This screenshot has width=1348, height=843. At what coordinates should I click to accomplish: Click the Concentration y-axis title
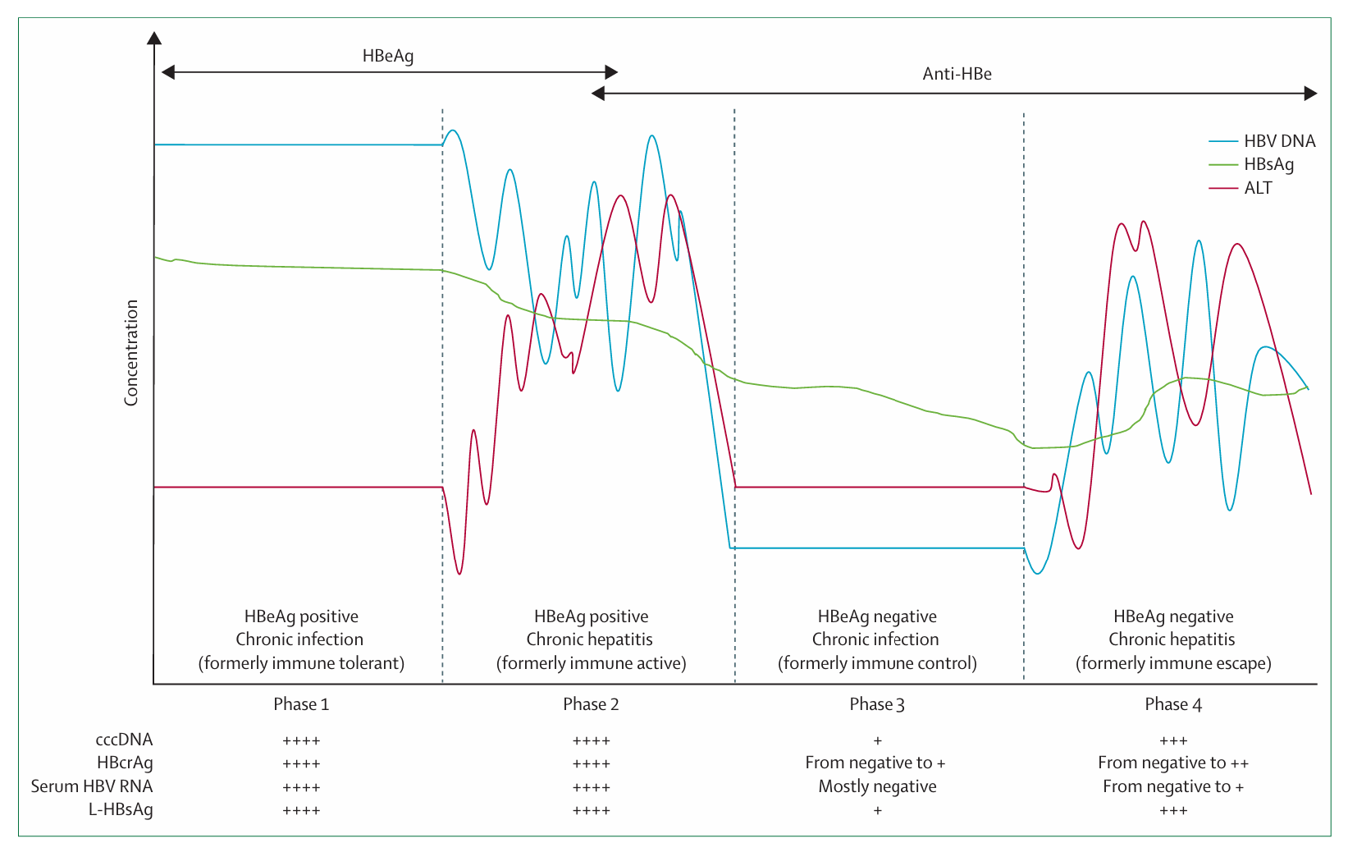click(131, 352)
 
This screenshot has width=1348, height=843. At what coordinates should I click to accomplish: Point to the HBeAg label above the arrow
click(388, 56)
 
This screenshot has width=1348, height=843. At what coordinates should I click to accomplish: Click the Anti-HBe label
click(957, 74)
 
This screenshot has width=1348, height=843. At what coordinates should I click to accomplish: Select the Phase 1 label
click(301, 704)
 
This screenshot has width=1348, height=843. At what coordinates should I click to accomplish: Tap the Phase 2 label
click(591, 704)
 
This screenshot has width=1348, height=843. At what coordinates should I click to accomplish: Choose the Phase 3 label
click(877, 704)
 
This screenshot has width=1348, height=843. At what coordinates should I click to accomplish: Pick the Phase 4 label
click(1173, 704)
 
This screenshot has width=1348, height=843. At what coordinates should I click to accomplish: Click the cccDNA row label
click(124, 740)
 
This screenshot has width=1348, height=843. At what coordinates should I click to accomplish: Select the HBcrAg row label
click(125, 763)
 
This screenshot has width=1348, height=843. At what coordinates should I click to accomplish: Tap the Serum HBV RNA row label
click(92, 786)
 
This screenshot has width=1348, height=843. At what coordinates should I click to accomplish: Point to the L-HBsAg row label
click(121, 809)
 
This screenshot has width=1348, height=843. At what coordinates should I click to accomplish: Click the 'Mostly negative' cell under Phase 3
click(877, 786)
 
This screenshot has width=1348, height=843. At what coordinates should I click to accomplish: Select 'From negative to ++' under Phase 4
click(1173, 763)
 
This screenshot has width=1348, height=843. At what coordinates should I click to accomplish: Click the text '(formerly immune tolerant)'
click(301, 663)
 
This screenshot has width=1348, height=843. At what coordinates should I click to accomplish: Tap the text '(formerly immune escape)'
click(1173, 663)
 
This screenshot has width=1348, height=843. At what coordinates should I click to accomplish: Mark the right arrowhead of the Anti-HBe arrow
click(1310, 94)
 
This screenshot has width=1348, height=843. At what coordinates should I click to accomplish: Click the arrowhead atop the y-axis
click(153, 38)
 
